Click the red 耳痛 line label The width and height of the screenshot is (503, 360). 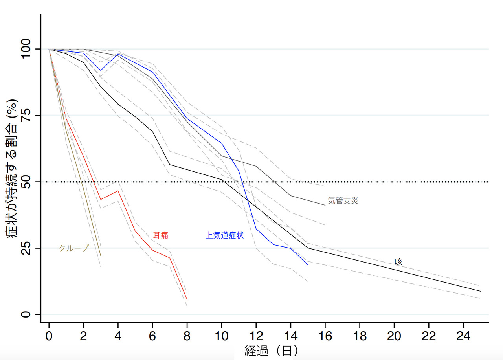(160, 235)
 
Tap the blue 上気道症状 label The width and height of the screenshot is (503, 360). (224, 235)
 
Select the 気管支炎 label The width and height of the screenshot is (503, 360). (343, 201)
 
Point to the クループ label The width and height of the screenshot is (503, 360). (73, 248)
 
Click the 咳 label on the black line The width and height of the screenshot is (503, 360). (398, 262)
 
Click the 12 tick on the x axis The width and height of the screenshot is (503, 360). (256, 336)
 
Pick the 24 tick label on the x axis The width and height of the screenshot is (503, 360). (463, 336)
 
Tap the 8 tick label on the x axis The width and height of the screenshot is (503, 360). (187, 336)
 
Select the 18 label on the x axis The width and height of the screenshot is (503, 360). (360, 336)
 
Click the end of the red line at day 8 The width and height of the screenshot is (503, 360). (187, 299)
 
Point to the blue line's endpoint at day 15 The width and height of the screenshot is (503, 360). (308, 265)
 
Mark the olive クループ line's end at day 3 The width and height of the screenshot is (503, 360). (101, 256)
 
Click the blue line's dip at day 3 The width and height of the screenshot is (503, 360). (101, 70)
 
